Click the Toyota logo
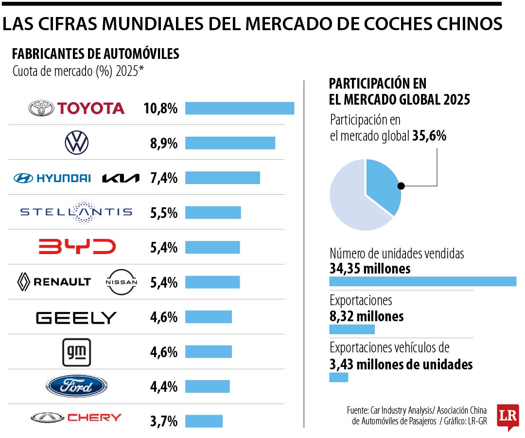76,108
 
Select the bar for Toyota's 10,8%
240,108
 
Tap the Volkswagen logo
77,143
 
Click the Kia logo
121,178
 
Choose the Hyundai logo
52,178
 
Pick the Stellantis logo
76,212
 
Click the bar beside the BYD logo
212,247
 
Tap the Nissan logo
122,282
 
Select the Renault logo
54,281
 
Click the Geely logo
76,318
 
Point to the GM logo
77,352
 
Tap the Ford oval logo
76,387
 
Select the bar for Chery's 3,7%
204,421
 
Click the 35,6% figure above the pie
429,136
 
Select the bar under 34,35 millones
422,281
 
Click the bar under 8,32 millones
352,329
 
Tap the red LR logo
507,416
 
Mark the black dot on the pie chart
401,185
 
